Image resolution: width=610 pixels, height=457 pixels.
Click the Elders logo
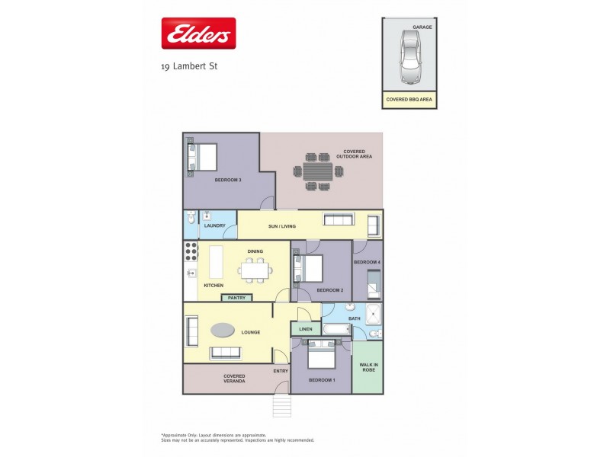(198, 34)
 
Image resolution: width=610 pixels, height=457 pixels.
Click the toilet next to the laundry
(191, 217)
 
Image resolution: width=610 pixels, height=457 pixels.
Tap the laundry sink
(207, 216)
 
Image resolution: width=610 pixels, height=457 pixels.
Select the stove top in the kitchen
(191, 251)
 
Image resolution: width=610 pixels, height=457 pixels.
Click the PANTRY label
(236, 298)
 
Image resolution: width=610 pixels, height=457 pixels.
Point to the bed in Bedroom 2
(310, 268)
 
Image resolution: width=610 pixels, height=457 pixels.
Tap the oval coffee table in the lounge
(223, 330)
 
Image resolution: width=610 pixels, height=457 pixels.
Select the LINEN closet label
(305, 329)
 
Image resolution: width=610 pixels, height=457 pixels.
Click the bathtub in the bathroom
(336, 330)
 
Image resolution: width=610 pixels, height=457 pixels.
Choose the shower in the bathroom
(374, 313)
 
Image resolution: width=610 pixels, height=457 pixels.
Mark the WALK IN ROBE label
(368, 366)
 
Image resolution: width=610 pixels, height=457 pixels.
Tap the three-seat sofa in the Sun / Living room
(339, 220)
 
